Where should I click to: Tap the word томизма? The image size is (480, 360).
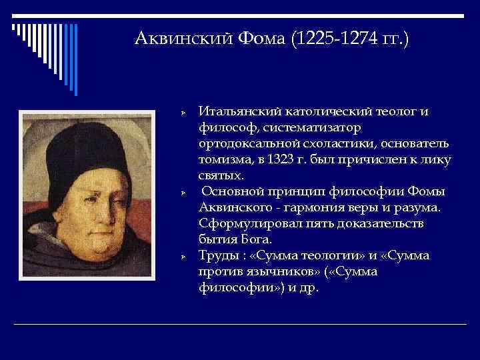pyautogui.click(x=223, y=160)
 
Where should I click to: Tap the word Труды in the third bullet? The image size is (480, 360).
pyautogui.click(x=217, y=256)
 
